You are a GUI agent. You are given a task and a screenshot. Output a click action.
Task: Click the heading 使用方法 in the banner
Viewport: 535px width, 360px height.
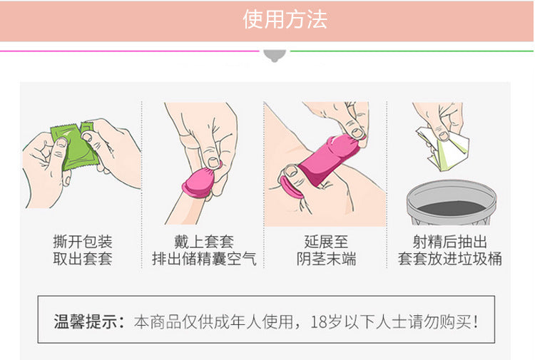[285, 19]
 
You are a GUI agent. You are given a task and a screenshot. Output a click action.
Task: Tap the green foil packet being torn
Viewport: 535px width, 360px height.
[75, 147]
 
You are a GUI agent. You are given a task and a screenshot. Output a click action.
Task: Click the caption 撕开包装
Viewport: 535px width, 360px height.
[83, 242]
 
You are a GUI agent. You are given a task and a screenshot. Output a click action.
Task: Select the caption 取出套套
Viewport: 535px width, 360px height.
[83, 259]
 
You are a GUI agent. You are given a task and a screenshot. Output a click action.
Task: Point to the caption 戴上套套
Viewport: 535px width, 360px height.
[204, 242]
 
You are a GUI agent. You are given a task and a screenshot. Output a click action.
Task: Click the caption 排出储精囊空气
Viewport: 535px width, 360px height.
[204, 259]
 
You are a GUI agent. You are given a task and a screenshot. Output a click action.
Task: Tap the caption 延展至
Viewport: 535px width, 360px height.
[326, 242]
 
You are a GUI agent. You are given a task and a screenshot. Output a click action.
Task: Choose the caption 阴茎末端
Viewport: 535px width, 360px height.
[326, 259]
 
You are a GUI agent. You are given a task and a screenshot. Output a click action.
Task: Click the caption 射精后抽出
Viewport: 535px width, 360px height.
[449, 242]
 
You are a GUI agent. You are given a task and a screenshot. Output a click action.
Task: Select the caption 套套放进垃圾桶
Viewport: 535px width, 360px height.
[449, 259]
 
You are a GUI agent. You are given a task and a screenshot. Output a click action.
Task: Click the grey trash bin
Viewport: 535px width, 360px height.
[451, 202]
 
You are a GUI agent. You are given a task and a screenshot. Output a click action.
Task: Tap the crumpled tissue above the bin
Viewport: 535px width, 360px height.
[444, 148]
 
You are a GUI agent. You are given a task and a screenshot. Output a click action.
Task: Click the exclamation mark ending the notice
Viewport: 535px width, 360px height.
[476, 322]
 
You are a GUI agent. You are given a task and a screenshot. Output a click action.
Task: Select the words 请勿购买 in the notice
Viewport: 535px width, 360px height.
[440, 322]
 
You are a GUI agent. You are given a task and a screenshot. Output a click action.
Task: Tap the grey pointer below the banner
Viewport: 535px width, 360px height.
[275, 56]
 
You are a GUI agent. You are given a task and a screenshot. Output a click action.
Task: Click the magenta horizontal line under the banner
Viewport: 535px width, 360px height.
[130, 51]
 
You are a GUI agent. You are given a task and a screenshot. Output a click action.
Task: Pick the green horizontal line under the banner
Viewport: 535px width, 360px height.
[412, 51]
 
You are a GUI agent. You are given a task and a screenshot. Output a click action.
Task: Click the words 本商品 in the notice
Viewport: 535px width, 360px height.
[158, 322]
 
